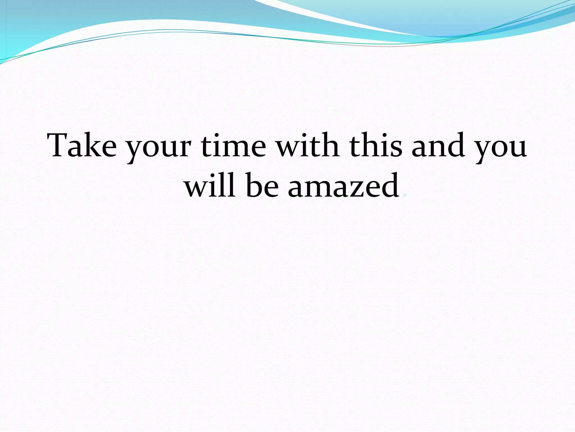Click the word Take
pos(82,145)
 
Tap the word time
pos(233,145)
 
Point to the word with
pos(308,145)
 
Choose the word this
pos(376,145)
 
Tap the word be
pos(262,186)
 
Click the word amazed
pos(343,186)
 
